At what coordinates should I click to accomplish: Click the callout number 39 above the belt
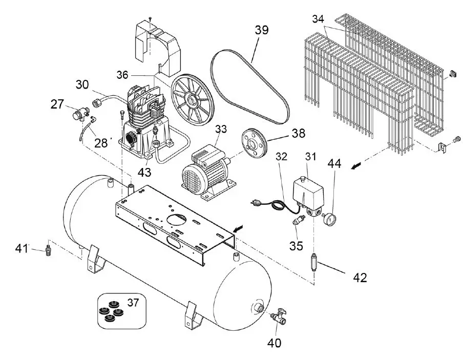[261, 30]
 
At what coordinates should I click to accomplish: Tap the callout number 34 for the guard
[318, 19]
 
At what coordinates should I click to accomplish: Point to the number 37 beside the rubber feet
[133, 303]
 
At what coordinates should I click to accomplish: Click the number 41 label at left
[21, 249]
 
